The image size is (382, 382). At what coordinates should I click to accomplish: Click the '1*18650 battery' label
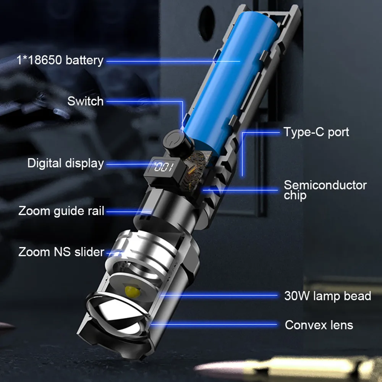(x=60, y=60)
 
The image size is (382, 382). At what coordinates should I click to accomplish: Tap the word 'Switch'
(x=85, y=101)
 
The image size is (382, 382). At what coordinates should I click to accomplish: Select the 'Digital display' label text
(x=65, y=163)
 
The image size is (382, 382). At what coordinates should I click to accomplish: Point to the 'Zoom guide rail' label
(x=61, y=211)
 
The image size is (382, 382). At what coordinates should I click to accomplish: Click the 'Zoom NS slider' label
(x=61, y=252)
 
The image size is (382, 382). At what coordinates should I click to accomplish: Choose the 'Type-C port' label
(x=316, y=132)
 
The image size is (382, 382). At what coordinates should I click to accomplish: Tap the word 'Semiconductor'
(x=325, y=185)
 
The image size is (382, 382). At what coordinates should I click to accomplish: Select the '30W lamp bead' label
(x=327, y=296)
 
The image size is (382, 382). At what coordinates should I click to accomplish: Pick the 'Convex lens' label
(x=319, y=325)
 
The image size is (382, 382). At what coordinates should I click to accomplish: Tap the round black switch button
(x=178, y=142)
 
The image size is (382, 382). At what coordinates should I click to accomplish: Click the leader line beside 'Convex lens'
(x=214, y=325)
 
